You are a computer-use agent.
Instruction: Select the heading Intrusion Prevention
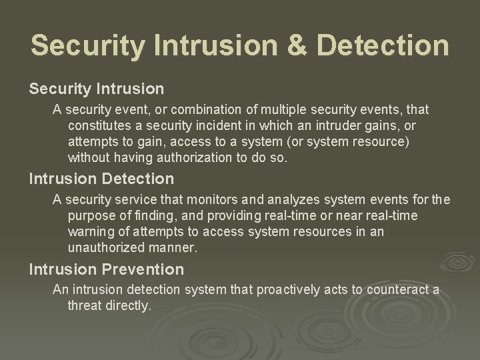(106, 269)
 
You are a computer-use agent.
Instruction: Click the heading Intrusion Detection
(101, 179)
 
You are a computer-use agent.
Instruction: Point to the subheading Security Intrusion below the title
(96, 88)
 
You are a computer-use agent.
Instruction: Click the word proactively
(283, 290)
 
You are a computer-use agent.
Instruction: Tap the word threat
(84, 305)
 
